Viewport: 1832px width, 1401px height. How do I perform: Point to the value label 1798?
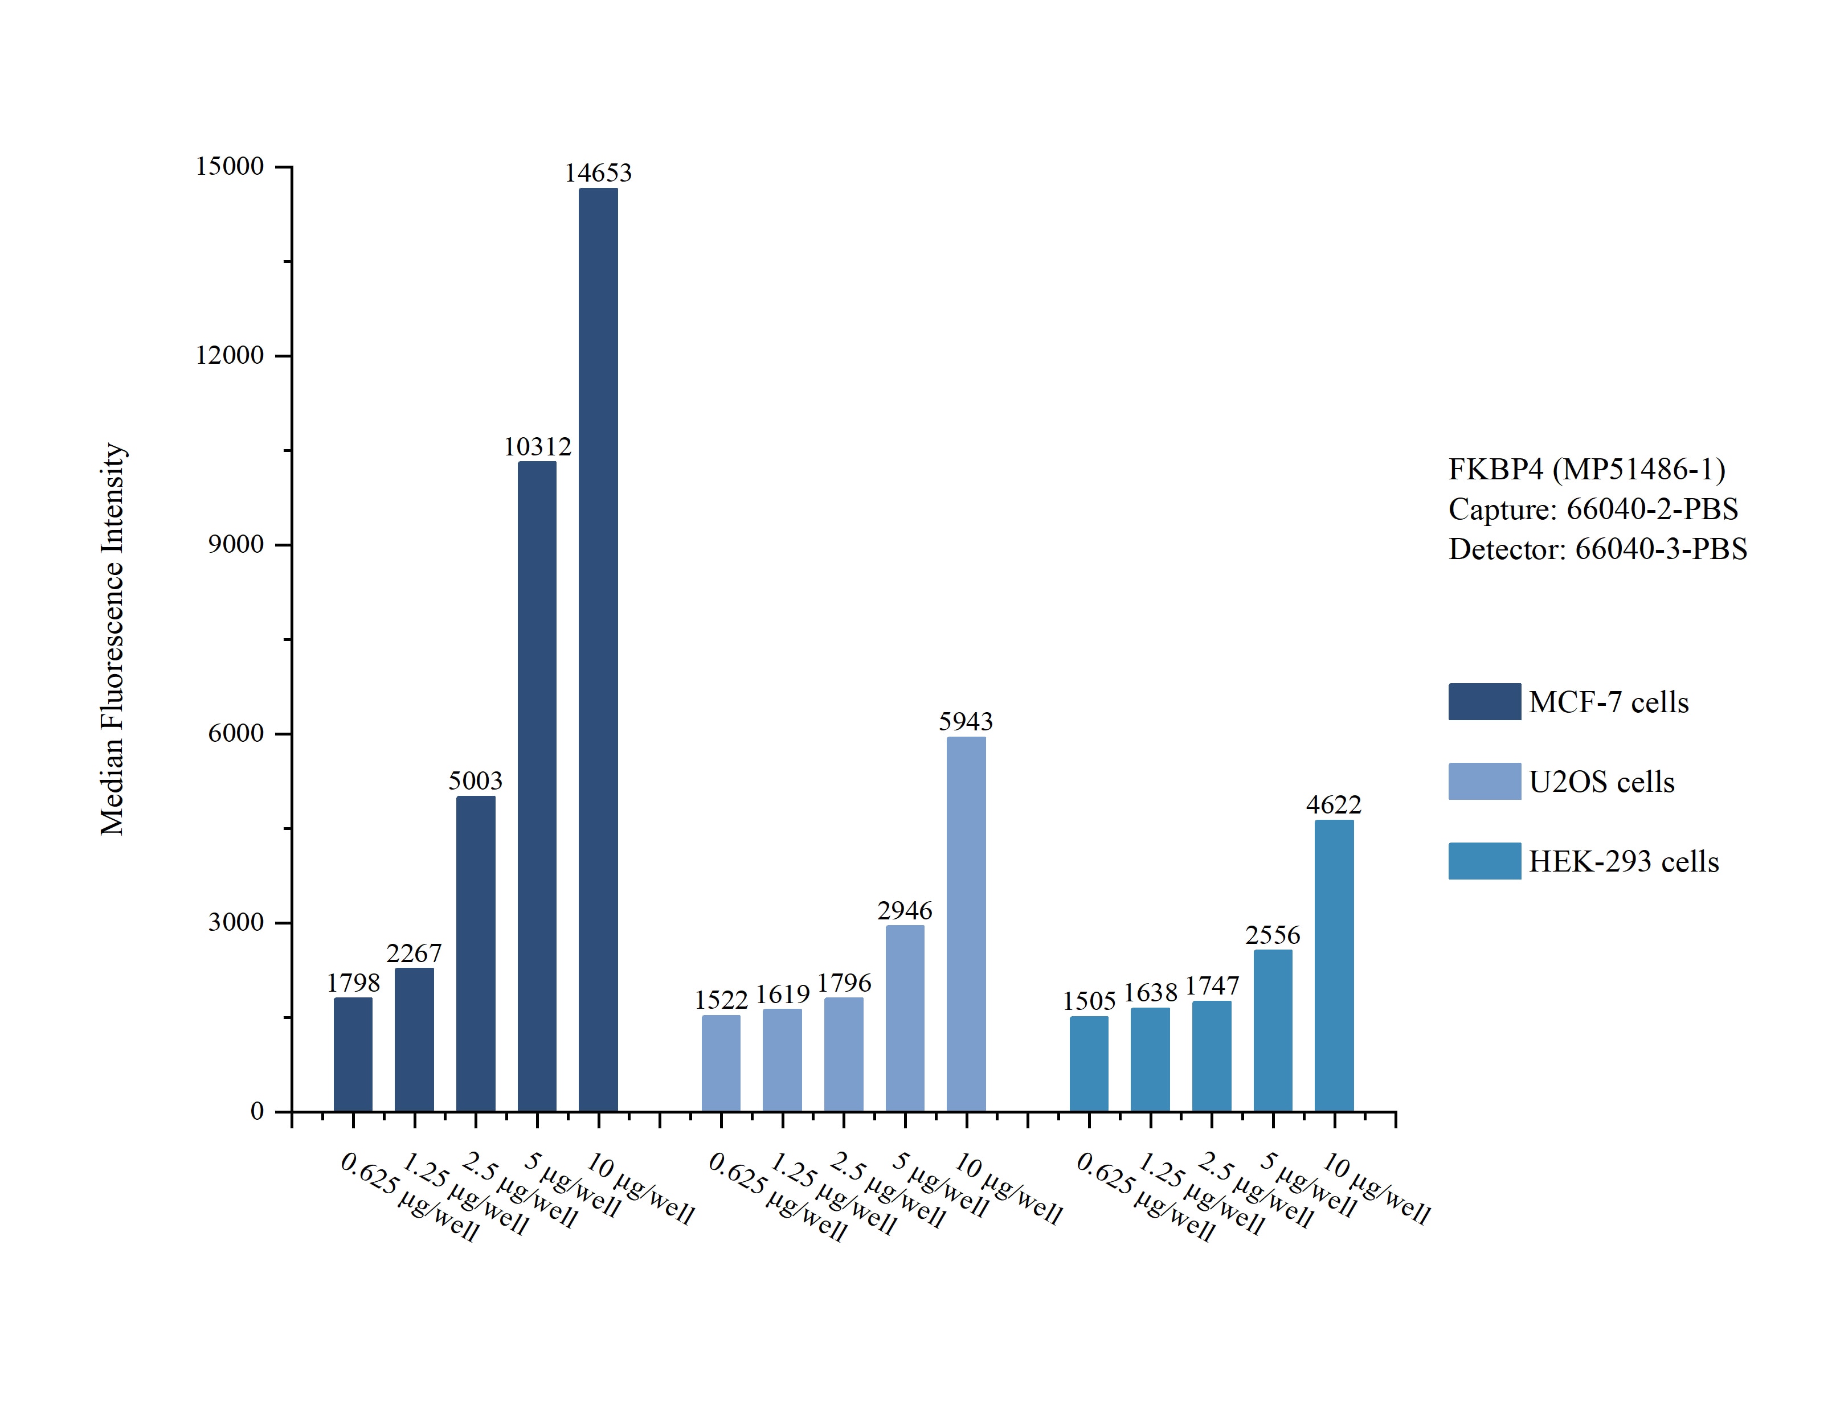353,983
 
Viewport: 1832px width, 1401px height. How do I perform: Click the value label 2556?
1272,935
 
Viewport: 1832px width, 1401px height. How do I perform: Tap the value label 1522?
721,999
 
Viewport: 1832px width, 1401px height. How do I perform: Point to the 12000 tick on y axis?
230,355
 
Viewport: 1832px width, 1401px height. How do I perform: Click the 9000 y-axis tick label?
235,545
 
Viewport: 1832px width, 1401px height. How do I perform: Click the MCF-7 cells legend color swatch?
1484,701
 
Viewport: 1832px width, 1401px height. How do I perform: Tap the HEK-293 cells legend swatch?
1484,861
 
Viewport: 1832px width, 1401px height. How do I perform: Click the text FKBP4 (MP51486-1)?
1586,470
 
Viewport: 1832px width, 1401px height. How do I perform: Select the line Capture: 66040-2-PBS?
1593,509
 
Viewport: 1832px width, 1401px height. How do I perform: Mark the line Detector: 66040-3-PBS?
1597,549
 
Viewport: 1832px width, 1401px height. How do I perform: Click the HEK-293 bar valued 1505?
1089,1063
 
